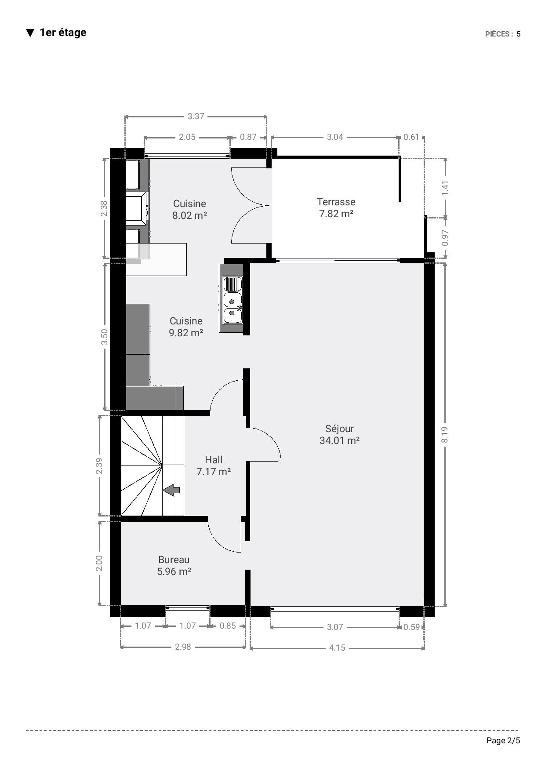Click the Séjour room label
[339, 434]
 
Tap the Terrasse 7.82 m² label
[336, 207]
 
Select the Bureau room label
[174, 565]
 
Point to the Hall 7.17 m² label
[214, 466]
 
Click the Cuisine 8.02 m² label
[189, 209]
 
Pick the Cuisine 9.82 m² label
[186, 327]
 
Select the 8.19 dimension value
[445, 435]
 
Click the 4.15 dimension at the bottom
[337, 647]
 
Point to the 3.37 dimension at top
[196, 116]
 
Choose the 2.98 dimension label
[183, 647]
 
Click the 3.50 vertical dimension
[104, 337]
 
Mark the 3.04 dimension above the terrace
[335, 137]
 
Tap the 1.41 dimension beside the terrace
[445, 188]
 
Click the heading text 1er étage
[63, 33]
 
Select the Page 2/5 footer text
[503, 741]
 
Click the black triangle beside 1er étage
[30, 33]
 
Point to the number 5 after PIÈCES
[519, 34]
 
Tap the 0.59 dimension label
[412, 627]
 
